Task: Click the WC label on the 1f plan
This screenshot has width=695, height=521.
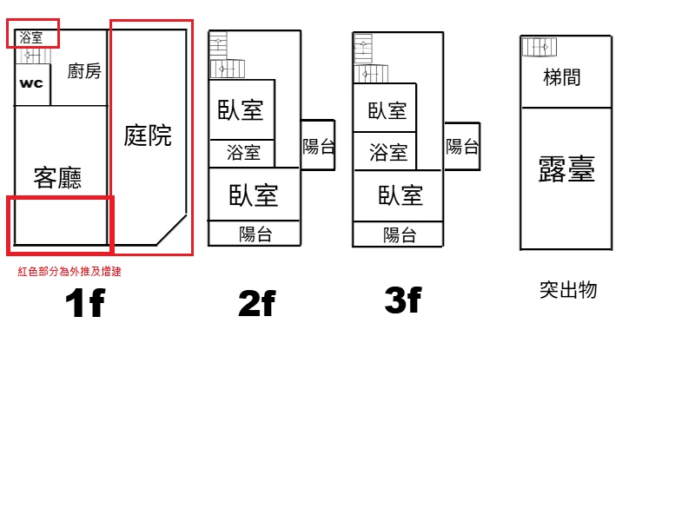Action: tap(31, 83)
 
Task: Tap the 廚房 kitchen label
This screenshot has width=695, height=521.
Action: tap(84, 71)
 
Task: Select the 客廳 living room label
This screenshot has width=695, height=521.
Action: tap(57, 178)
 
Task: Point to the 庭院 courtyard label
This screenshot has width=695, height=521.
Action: tap(148, 135)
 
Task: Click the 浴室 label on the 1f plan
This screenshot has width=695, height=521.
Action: tap(31, 37)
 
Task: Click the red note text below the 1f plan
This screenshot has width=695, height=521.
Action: tap(69, 271)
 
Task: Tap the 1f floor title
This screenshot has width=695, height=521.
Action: tap(85, 303)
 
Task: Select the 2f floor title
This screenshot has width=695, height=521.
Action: tap(257, 303)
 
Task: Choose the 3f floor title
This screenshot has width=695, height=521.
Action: tap(403, 300)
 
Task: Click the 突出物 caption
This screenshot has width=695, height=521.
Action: tap(568, 290)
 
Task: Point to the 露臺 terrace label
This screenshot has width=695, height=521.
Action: tap(566, 168)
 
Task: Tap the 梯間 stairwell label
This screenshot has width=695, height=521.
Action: tap(561, 77)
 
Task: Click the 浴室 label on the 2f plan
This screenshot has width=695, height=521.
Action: tap(243, 153)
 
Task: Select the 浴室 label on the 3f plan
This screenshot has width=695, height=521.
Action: tap(388, 153)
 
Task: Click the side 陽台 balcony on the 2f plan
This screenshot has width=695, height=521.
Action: tap(318, 145)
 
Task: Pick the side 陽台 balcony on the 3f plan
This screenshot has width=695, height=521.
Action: tap(462, 146)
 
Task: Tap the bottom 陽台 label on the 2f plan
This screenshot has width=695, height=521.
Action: tap(255, 234)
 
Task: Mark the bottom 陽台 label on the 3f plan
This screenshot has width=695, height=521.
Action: tap(400, 234)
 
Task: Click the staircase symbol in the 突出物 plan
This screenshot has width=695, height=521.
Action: tap(539, 47)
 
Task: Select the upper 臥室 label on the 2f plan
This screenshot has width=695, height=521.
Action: tap(241, 110)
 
